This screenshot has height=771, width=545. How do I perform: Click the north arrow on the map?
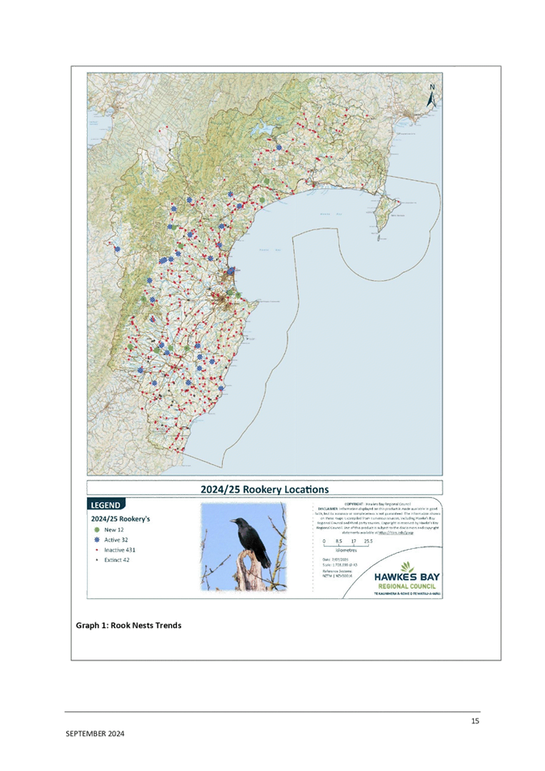pyautogui.click(x=432, y=95)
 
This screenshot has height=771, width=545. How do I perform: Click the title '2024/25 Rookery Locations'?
pyautogui.click(x=264, y=489)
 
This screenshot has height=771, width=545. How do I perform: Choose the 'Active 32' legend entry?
pyautogui.click(x=115, y=540)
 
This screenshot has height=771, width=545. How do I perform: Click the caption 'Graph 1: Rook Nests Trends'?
pyautogui.click(x=128, y=626)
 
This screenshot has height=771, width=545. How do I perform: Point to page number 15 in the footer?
pyautogui.click(x=476, y=721)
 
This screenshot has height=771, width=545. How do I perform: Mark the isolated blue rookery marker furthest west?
pyautogui.click(x=117, y=250)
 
